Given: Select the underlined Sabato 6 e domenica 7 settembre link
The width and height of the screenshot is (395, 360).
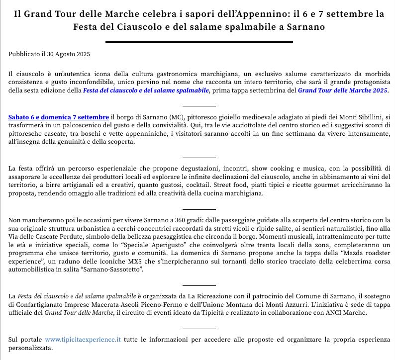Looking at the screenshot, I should point(59,117).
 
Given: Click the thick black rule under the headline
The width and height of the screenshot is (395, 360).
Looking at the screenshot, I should point(199,42).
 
